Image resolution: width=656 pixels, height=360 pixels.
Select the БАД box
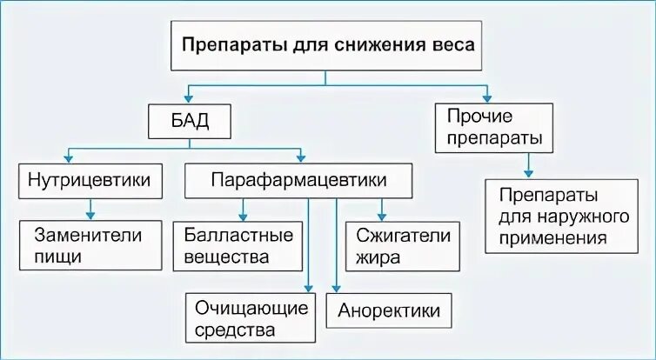pos(190,121)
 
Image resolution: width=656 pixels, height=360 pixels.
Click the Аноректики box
pos(389,310)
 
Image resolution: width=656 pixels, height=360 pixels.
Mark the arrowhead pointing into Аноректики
pos(338,288)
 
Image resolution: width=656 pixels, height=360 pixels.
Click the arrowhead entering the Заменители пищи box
pos(89,214)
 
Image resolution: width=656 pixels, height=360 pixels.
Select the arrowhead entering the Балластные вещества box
pos(244,214)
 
